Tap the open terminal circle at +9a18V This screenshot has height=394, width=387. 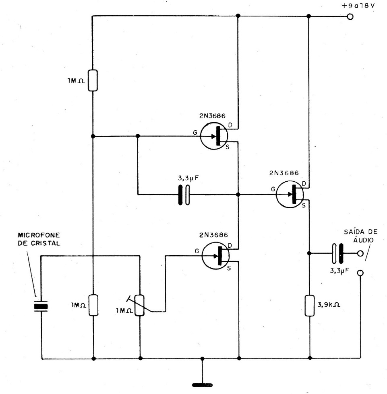pos(350,17)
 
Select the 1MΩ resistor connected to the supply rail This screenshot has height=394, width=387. pos(93,80)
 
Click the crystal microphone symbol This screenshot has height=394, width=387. pos(40,307)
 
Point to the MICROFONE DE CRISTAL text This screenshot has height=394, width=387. pos(39,239)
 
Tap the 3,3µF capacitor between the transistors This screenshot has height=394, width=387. pos(184,195)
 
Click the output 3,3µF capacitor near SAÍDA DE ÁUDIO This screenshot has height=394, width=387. pos(337,253)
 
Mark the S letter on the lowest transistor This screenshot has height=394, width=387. pos(229,269)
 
